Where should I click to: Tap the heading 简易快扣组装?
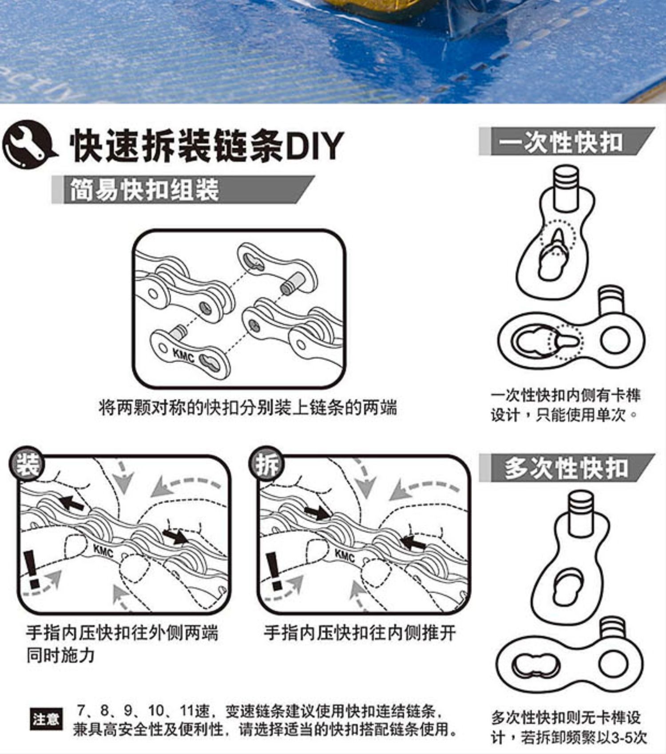[144, 190]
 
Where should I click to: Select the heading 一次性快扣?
[560, 142]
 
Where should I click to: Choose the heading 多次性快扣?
[566, 468]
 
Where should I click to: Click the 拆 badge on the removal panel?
[266, 465]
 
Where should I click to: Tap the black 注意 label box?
[46, 719]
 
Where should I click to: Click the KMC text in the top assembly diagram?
[183, 355]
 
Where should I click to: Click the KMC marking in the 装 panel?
[103, 551]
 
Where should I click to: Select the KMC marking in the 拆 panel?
[345, 555]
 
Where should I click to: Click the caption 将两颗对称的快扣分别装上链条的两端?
[247, 407]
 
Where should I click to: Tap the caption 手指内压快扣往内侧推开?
[360, 632]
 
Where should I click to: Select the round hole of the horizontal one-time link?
[615, 340]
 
